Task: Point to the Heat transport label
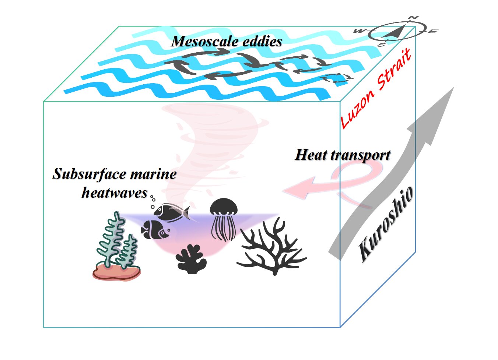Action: (x=343, y=155)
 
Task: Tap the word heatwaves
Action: (x=114, y=192)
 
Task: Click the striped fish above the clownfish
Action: (x=171, y=212)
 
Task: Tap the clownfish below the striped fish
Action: (x=155, y=230)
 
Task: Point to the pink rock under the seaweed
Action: (x=116, y=273)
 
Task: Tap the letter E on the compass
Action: (x=432, y=32)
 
